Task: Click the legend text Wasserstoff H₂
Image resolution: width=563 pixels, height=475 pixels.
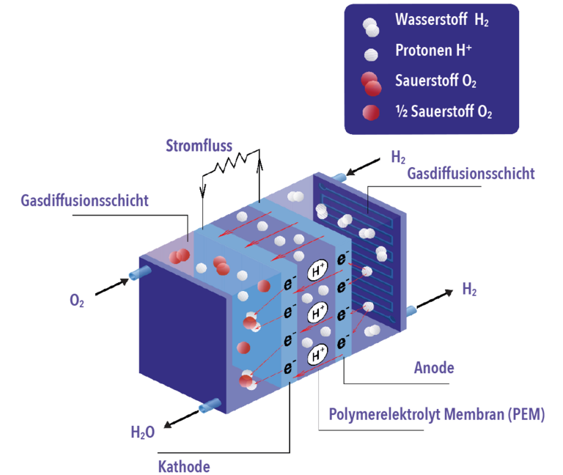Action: (x=441, y=21)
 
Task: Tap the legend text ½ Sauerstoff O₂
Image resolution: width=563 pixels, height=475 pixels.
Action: (x=444, y=112)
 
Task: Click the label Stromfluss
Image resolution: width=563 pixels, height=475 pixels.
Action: (x=199, y=145)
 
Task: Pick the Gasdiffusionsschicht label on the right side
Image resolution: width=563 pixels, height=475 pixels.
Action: (x=471, y=174)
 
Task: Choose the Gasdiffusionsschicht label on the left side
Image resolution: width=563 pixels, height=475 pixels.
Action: (x=85, y=201)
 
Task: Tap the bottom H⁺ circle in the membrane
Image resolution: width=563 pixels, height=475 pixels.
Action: (x=317, y=356)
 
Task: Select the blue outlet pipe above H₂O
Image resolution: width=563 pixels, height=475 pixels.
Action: (x=208, y=405)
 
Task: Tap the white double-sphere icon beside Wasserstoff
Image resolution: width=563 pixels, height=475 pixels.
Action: (x=371, y=26)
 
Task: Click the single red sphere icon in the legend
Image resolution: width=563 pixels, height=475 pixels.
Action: (x=371, y=112)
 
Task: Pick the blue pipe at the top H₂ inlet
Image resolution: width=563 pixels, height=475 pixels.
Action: (x=339, y=175)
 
